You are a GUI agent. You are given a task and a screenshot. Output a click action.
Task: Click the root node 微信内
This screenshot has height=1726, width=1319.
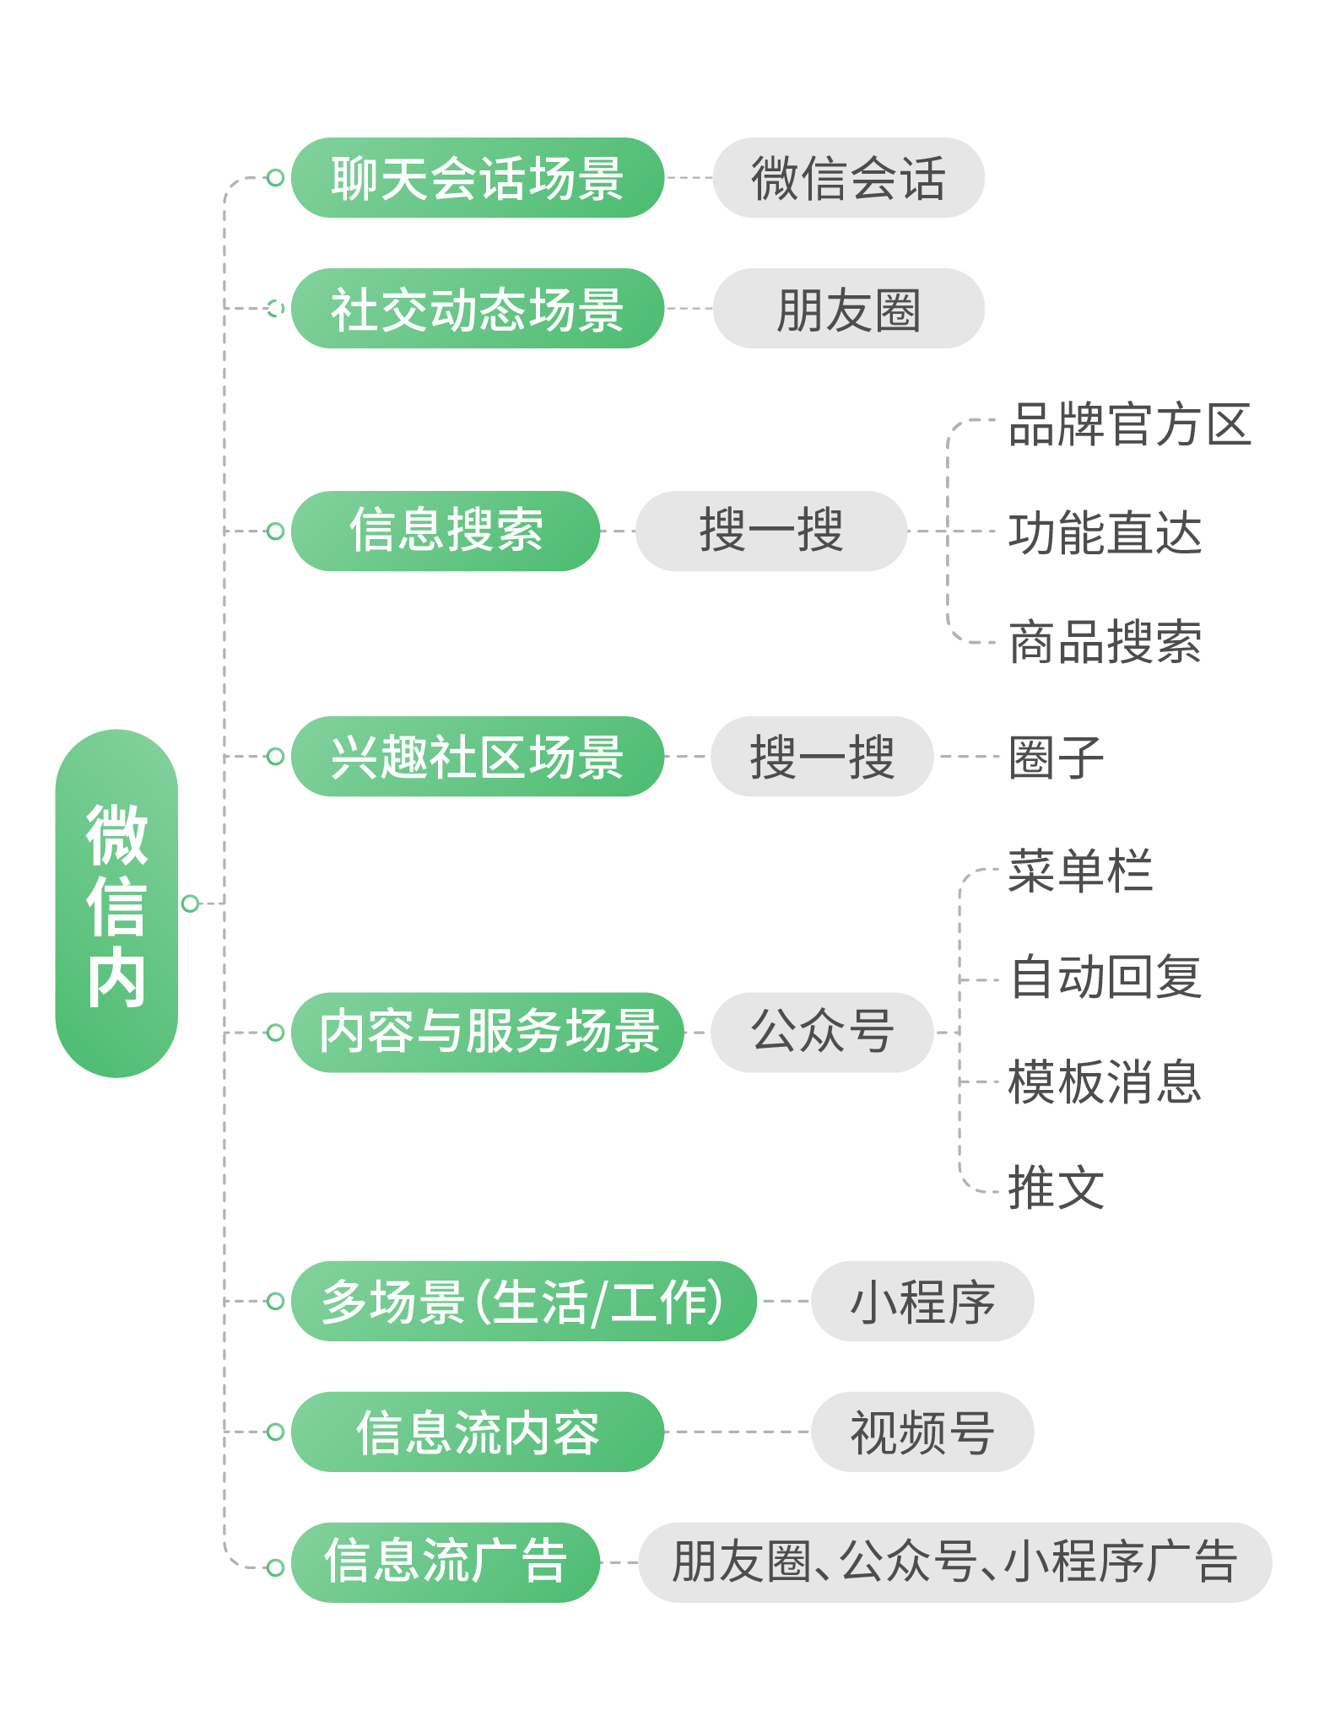point(116,903)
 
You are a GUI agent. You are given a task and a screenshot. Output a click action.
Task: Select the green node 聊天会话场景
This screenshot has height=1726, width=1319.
point(477,178)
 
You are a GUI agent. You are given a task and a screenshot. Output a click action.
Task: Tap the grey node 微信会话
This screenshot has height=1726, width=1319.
point(848,178)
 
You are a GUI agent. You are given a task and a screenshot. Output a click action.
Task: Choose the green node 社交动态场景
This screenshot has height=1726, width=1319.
point(477,309)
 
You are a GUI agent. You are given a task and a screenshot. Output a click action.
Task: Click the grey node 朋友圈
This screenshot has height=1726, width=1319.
point(848,309)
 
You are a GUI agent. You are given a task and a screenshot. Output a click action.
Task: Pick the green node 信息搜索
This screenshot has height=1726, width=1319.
point(446,531)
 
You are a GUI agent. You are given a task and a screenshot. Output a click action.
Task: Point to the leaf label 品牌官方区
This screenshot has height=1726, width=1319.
point(1129,423)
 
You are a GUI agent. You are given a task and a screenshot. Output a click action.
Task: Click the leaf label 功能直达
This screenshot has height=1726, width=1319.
point(1105,533)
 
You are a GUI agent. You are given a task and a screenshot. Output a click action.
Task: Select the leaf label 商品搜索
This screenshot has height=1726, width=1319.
point(1105,642)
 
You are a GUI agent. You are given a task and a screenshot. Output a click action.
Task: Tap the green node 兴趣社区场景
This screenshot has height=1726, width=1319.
point(477,757)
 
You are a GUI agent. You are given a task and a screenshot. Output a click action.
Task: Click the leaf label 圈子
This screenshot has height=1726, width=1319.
point(1057,757)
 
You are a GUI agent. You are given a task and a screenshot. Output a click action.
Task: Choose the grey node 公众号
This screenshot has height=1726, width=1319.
point(822,1033)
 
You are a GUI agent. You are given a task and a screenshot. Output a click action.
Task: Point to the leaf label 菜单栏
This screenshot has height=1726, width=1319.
point(1080,871)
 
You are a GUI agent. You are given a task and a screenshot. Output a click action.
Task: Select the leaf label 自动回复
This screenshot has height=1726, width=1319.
point(1105,977)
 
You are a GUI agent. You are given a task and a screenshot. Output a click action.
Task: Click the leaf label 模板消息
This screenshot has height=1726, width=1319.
point(1105,1082)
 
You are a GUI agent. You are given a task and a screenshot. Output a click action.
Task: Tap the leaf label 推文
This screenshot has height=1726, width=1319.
point(1057,1188)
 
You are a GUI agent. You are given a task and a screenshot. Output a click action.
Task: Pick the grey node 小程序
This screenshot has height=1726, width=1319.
point(922,1302)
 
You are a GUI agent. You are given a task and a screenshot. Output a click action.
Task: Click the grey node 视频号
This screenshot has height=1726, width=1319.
point(922,1432)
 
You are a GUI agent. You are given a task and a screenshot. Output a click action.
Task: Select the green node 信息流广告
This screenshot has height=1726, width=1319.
point(446,1562)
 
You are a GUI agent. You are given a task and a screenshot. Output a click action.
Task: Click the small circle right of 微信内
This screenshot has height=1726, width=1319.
point(190,903)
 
